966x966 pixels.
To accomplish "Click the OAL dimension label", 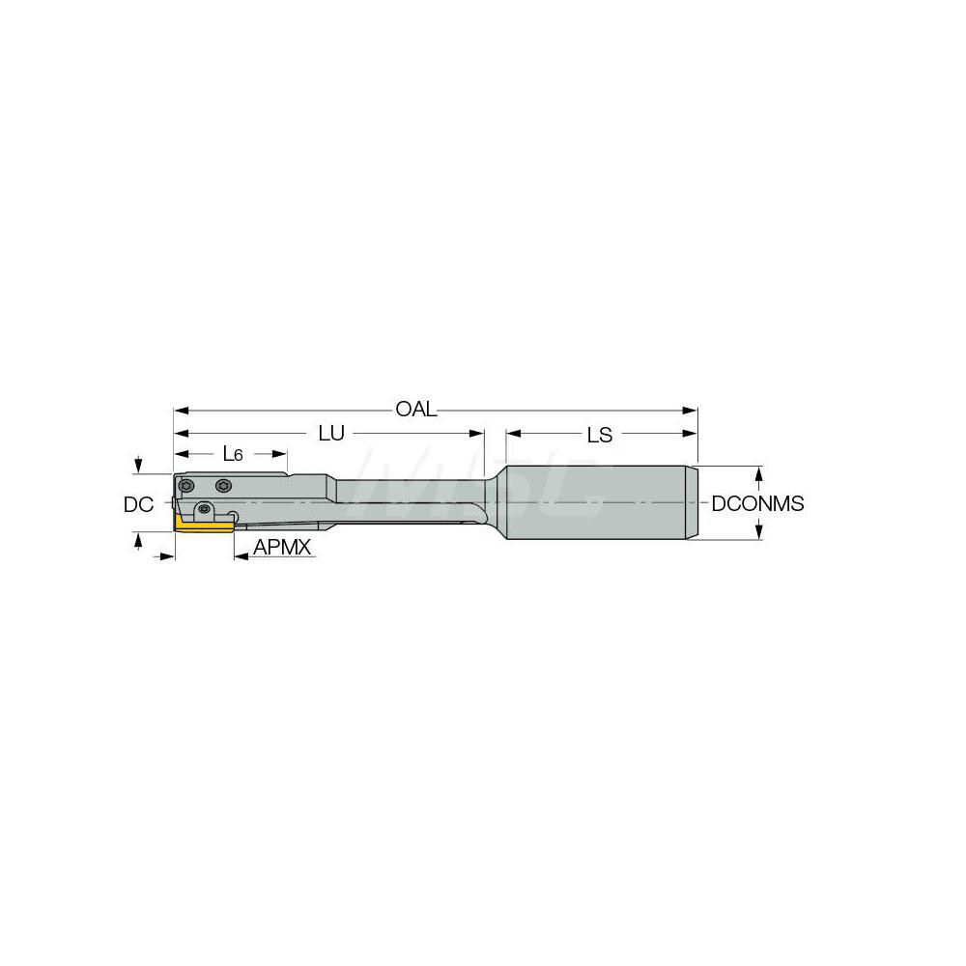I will pos(416,410).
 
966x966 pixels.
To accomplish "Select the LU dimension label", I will pos(331,434).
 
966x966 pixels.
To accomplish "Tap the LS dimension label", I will pos(600,435).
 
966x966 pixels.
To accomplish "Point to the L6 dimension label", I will pos(233,453).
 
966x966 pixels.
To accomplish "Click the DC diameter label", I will pos(138,504).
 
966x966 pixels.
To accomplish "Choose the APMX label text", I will pos(281,548).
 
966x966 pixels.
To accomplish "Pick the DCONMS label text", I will pos(757,504).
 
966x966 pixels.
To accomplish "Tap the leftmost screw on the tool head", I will pos(186,485).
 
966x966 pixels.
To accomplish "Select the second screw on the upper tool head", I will pos(224,485).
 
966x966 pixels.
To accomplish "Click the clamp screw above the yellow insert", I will pos(204,509).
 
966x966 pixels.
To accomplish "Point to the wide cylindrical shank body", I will pos(594,503).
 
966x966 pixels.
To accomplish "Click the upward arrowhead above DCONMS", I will pos(759,473).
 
